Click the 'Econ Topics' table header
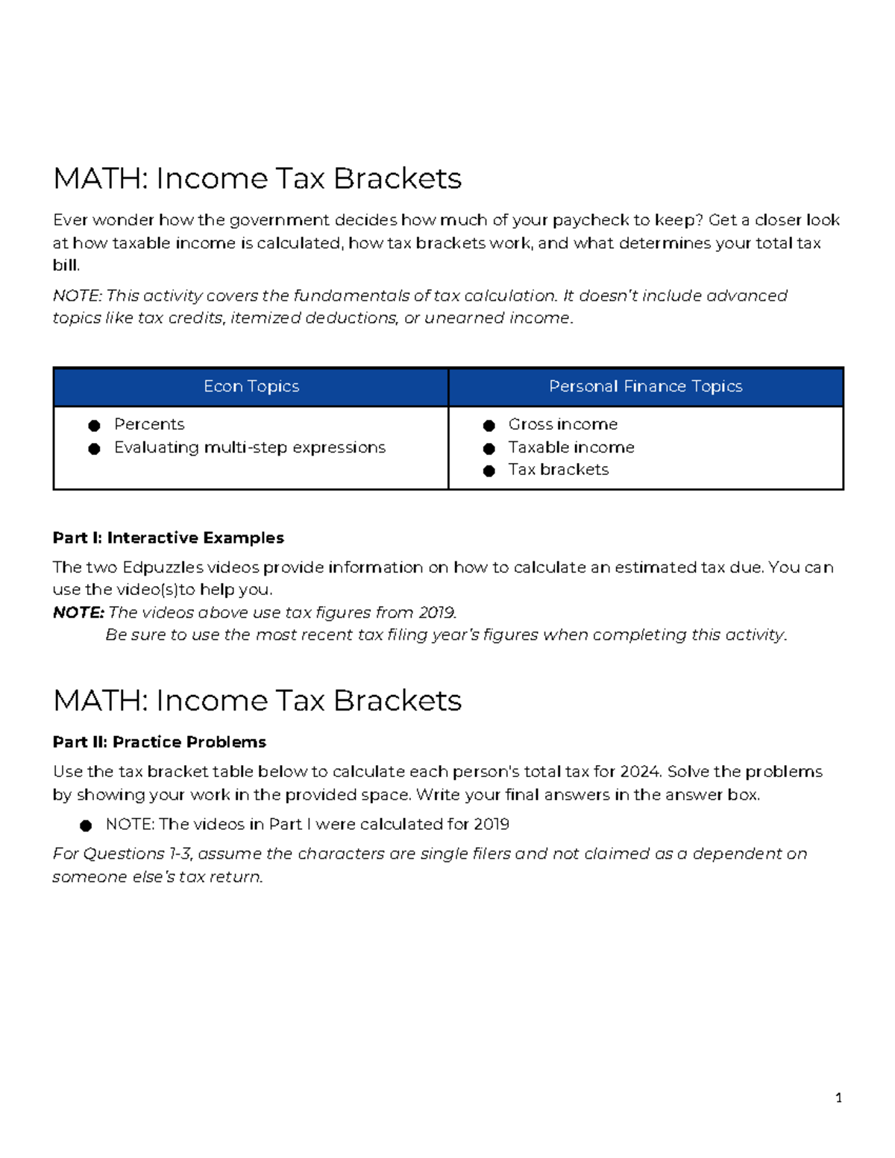pos(251,386)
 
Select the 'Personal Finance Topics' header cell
pos(645,386)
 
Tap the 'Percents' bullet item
pos(149,424)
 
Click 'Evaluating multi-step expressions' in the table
pos(249,447)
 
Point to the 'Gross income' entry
pos(562,424)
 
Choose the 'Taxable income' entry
pos(571,447)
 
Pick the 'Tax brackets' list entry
pos(558,470)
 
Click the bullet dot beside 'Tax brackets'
pos(489,471)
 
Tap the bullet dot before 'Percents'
pos(94,426)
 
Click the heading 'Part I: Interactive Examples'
pos(168,538)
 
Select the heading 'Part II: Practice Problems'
pos(159,742)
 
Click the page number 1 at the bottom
pos(838,1098)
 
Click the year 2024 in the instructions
pos(644,772)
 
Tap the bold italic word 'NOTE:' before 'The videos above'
pos(78,613)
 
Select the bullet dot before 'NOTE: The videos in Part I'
pos(86,825)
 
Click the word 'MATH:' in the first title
pos(100,179)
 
